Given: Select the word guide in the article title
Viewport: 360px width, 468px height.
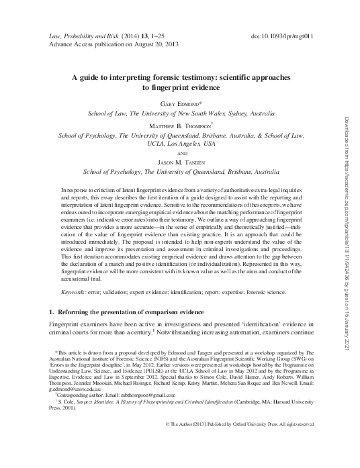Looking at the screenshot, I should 101,77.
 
